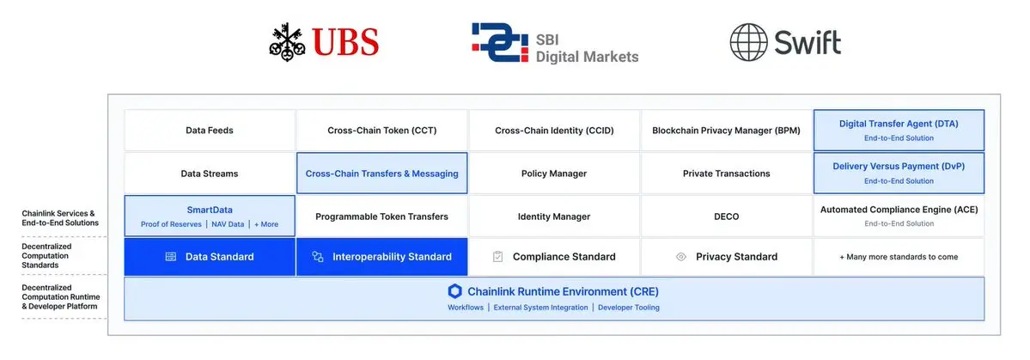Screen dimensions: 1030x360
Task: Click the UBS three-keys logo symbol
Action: (287, 42)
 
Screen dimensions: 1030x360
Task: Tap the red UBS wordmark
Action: (345, 42)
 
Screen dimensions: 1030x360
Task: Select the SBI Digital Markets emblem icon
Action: (500, 43)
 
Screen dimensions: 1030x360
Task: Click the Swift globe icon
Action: (749, 43)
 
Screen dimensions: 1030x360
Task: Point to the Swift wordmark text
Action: (808, 43)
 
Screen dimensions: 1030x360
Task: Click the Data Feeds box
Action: (210, 130)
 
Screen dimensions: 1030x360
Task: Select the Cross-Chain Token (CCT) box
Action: (381, 130)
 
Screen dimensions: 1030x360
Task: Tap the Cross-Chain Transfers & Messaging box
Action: (381, 174)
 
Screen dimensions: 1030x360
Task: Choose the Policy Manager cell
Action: (554, 174)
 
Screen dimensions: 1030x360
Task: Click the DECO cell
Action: (727, 217)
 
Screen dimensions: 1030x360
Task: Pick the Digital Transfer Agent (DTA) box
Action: (899, 130)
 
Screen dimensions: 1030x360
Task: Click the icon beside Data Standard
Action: (171, 257)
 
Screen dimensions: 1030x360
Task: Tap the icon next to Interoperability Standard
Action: (318, 257)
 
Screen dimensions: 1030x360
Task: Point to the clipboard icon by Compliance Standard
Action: (498, 257)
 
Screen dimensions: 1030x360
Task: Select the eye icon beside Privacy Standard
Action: (681, 257)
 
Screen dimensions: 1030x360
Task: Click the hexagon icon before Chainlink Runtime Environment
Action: (454, 291)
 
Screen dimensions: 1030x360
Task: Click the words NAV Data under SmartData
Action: (228, 224)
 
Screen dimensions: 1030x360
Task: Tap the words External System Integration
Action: (540, 308)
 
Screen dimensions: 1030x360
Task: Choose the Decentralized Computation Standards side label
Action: (46, 255)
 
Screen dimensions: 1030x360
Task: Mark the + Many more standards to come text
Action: (899, 257)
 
